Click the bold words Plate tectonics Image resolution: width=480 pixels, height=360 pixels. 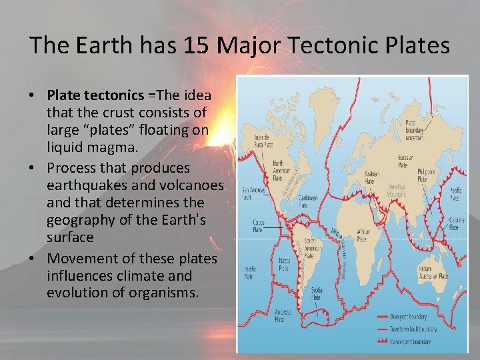tap(89, 95)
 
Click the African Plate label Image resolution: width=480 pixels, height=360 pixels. tap(362, 234)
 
